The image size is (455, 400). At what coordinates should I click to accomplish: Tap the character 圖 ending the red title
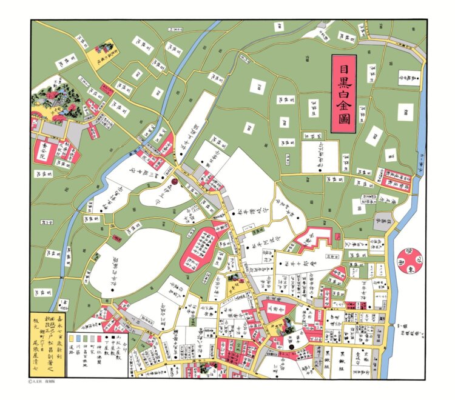coord(343,119)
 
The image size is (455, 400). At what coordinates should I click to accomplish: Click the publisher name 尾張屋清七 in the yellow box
coord(41,355)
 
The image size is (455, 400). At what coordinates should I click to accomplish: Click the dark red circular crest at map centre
coord(174,179)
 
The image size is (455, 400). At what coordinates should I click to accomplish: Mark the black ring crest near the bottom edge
coord(292,347)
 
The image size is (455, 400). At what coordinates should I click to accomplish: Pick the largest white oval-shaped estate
coord(138,262)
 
